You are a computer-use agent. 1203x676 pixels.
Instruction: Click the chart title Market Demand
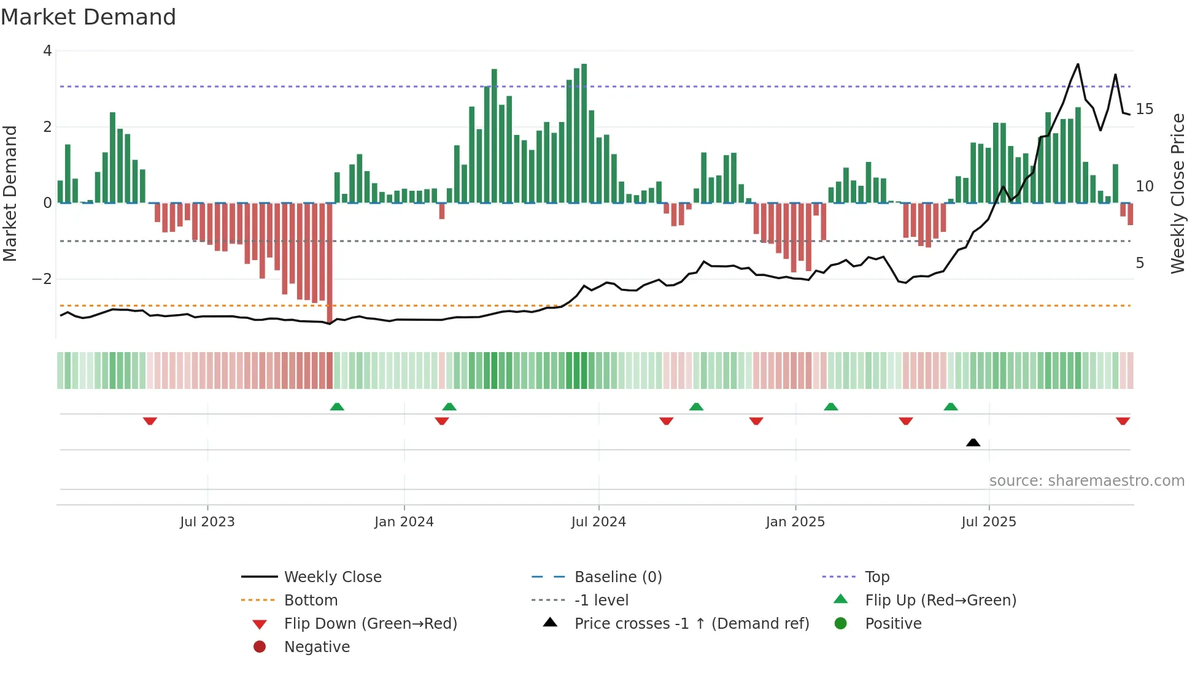(88, 17)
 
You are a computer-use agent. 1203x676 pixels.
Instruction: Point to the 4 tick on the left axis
(47, 51)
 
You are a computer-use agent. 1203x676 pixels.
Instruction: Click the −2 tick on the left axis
(42, 279)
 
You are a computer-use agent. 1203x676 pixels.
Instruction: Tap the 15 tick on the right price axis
(1144, 109)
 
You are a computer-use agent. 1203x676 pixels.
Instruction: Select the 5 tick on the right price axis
(1140, 263)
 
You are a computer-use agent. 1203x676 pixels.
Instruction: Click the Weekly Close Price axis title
(1177, 193)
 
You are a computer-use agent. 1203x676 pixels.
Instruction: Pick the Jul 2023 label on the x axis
(207, 522)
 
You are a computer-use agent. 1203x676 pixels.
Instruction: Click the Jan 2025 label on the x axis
(795, 522)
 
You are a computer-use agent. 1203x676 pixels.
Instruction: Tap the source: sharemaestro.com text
(1086, 481)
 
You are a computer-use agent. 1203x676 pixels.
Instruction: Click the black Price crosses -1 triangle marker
(973, 442)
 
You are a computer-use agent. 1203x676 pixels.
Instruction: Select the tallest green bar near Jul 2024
(584, 132)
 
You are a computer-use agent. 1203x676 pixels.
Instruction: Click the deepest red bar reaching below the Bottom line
(330, 264)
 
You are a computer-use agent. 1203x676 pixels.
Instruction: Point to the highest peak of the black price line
(1078, 64)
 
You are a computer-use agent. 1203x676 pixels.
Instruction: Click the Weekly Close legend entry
(332, 577)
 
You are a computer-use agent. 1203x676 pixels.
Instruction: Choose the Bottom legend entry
(311, 601)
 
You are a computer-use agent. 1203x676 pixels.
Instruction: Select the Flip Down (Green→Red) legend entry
(370, 624)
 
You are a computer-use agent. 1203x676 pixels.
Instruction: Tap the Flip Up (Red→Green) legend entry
(940, 601)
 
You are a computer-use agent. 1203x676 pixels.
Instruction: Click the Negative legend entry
(317, 647)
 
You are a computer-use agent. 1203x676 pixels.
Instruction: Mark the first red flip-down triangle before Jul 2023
(150, 421)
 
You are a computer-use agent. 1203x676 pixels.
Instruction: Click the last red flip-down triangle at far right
(1123, 421)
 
